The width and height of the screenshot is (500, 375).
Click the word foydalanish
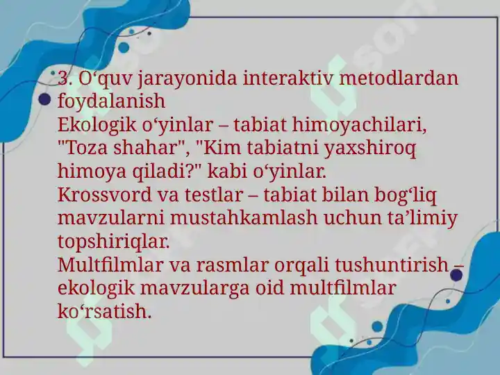[111, 101]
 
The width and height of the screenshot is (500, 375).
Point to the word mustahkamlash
[239, 219]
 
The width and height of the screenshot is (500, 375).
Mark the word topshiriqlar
[113, 242]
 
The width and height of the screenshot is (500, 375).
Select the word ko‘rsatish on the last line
[104, 312]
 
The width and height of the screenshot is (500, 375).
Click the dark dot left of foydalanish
[45, 100]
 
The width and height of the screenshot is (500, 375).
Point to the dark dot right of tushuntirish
[457, 276]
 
